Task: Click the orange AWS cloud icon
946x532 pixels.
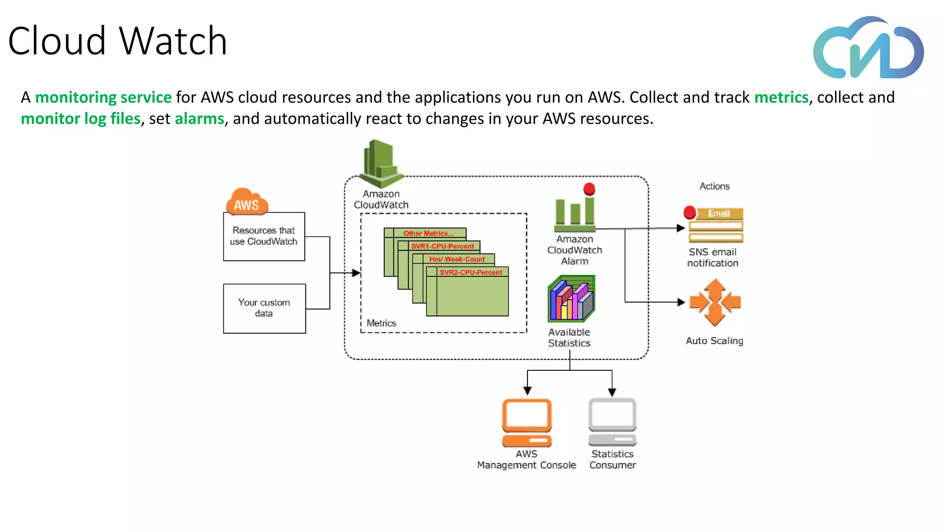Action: tap(247, 202)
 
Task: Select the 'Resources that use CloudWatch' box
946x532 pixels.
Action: tap(264, 236)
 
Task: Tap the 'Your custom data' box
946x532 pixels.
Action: tap(264, 308)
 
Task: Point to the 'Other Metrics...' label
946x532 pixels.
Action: tap(428, 233)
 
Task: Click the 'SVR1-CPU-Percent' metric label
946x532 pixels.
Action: tap(442, 246)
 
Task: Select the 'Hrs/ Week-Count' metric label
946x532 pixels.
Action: tap(456, 259)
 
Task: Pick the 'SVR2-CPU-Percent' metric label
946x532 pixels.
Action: tap(470, 272)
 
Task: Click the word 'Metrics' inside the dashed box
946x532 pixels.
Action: tap(381, 323)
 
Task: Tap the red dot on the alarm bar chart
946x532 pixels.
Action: tap(589, 189)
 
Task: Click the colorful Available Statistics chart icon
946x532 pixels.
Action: tap(571, 299)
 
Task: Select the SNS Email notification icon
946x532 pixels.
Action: tap(715, 225)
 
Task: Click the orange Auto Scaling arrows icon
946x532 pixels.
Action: tap(715, 302)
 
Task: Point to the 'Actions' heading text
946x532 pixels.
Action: tap(714, 186)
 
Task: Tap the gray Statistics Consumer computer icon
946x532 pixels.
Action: tap(612, 422)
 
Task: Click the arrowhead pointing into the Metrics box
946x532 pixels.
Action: tap(356, 273)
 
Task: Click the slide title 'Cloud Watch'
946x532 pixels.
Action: tap(117, 41)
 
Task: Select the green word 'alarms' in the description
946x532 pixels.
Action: tap(199, 119)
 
